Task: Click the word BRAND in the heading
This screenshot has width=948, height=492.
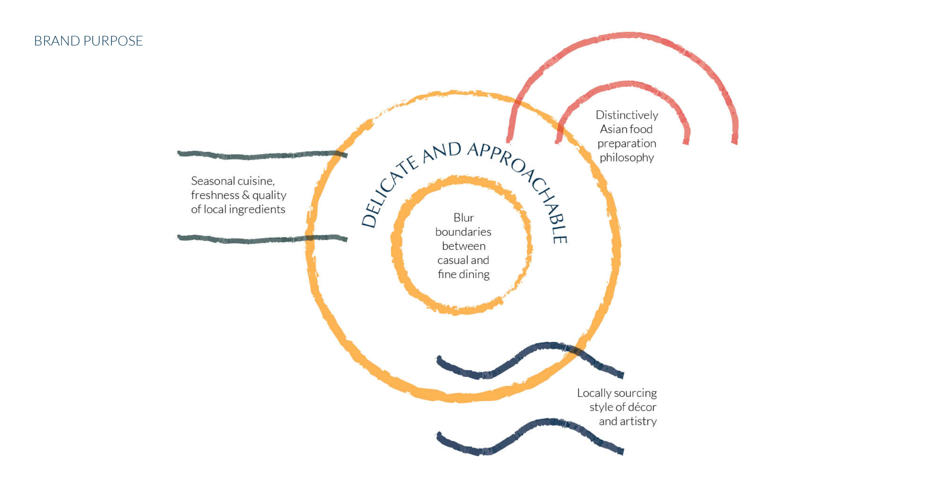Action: point(57,41)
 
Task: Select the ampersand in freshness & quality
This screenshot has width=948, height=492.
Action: point(246,195)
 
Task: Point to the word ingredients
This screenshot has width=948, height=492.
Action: point(257,209)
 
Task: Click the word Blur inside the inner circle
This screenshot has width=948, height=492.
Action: point(463,217)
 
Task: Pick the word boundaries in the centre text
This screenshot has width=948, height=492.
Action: point(463,232)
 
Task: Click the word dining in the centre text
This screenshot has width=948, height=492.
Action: point(474,274)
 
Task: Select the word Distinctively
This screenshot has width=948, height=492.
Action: point(627,115)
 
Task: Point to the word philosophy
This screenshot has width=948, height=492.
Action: point(627,158)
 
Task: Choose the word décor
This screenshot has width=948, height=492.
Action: point(642,407)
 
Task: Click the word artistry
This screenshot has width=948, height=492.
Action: point(638,421)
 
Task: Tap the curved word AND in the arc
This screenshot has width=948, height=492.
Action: point(441,153)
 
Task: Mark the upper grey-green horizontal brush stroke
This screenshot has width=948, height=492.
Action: point(259,155)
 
